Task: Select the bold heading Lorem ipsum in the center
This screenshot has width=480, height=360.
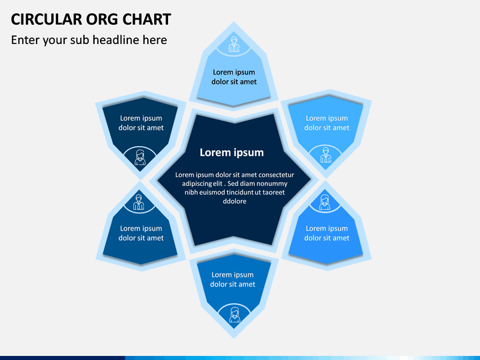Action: (x=231, y=153)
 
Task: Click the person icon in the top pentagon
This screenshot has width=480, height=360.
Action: (x=234, y=45)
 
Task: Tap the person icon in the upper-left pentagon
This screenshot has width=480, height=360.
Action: (x=140, y=157)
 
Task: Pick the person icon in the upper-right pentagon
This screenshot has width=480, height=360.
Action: (x=325, y=155)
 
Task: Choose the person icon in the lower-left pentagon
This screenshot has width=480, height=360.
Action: (x=139, y=201)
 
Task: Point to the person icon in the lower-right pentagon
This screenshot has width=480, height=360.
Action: (x=325, y=202)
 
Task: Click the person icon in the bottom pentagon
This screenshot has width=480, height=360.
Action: (x=235, y=314)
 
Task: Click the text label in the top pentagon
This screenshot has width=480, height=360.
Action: (x=234, y=77)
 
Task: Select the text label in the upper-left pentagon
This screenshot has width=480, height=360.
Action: (x=141, y=123)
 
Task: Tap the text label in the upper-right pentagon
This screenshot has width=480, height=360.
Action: (x=327, y=123)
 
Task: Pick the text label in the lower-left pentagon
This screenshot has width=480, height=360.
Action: (x=141, y=233)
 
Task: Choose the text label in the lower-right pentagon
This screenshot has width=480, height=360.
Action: (x=327, y=233)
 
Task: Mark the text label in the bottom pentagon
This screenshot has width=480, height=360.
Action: (x=233, y=279)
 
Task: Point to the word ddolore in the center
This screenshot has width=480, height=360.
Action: (x=233, y=201)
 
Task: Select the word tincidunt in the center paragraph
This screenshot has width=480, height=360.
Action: (x=236, y=193)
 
